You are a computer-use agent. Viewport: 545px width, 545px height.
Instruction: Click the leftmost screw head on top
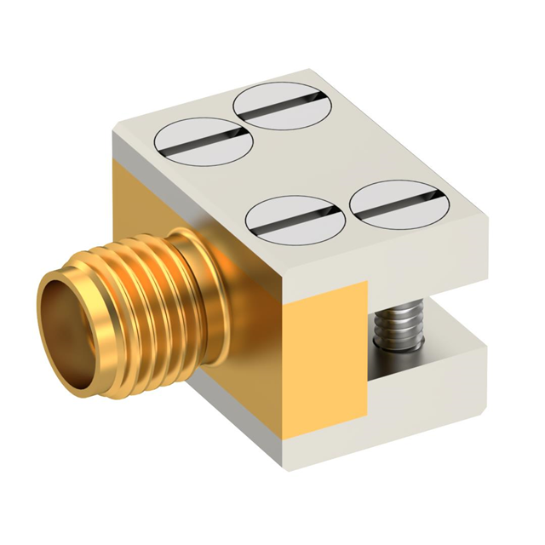204,143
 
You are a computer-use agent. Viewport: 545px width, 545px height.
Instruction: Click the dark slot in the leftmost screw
204,144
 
